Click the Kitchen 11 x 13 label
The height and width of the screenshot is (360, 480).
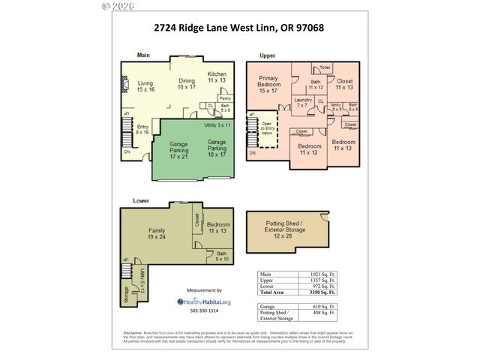pyautogui.click(x=217, y=77)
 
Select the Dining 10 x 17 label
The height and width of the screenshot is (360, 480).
pyautogui.click(x=186, y=84)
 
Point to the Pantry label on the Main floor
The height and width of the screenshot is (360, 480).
pyautogui.click(x=224, y=98)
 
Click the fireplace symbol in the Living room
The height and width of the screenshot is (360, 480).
pyautogui.click(x=125, y=85)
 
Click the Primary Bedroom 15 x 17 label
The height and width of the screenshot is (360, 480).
pyautogui.click(x=268, y=85)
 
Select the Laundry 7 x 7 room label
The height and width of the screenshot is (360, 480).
pyautogui.click(x=303, y=103)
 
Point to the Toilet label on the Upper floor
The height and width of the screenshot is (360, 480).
pyautogui.click(x=325, y=67)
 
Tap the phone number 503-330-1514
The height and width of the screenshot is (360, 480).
pyautogui.click(x=203, y=310)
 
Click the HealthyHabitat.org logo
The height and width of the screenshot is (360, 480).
pyautogui.click(x=203, y=301)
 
